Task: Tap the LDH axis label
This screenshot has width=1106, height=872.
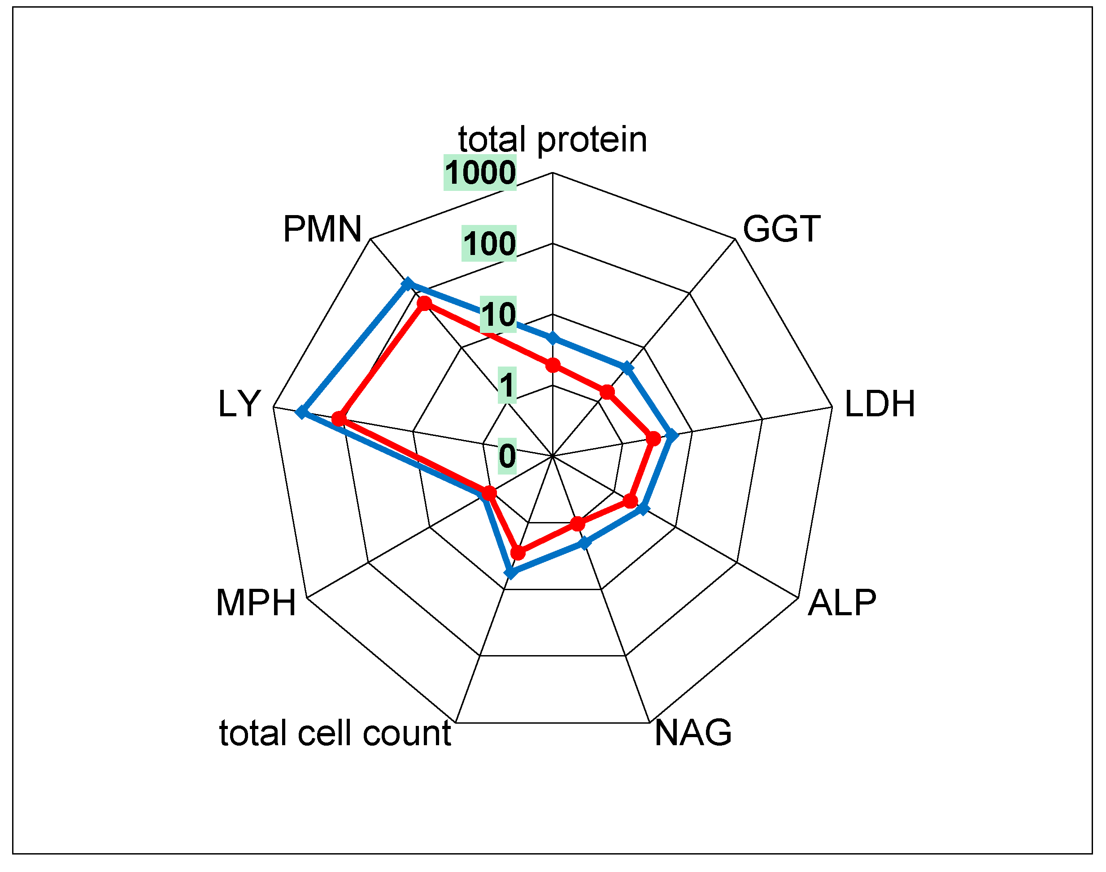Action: coord(880,404)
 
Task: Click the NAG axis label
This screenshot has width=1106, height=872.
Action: coord(693,733)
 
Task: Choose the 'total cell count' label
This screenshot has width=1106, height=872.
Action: coord(335,733)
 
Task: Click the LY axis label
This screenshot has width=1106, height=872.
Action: coord(239,404)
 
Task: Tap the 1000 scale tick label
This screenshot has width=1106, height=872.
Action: coord(480,173)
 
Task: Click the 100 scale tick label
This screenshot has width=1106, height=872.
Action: coord(489,243)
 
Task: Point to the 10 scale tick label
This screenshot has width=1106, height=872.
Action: coord(498,315)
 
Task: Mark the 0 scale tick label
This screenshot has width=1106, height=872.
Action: coord(507,456)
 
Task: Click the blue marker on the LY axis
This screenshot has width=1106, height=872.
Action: coord(302,411)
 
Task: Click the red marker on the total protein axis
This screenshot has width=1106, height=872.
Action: coord(552,366)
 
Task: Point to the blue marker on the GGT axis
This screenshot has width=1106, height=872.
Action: coord(627,367)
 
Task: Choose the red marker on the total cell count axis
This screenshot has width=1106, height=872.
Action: coord(518,553)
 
